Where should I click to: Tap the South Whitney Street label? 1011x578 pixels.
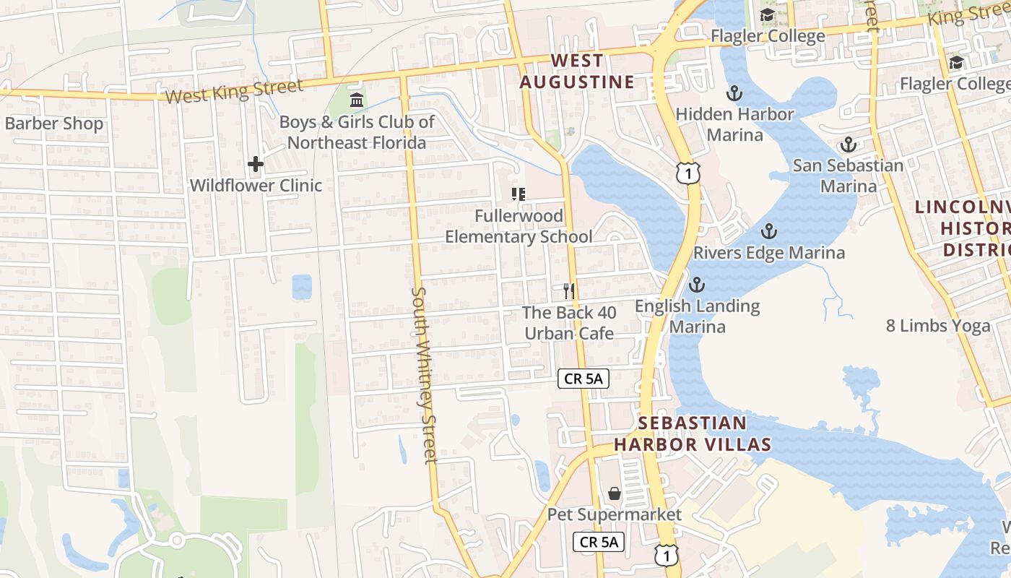pyautogui.click(x=424, y=374)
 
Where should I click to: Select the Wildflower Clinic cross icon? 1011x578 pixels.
pyautogui.click(x=256, y=165)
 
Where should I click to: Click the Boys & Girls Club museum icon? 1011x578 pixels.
pyautogui.click(x=357, y=100)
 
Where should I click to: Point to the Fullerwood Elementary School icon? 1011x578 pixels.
pyautogui.click(x=518, y=194)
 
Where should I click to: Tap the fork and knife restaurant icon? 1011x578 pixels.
pyautogui.click(x=569, y=291)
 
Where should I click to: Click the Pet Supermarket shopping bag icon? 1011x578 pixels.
pyautogui.click(x=614, y=493)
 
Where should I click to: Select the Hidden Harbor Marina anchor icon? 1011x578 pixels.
pyautogui.click(x=734, y=93)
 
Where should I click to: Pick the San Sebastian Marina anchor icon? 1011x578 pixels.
pyautogui.click(x=848, y=144)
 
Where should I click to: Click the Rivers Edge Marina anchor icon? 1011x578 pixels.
pyautogui.click(x=769, y=232)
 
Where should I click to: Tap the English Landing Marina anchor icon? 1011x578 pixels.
pyautogui.click(x=697, y=285)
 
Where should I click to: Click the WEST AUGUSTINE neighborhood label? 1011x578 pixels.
pyautogui.click(x=577, y=72)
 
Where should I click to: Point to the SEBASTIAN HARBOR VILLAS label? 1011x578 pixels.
pyautogui.click(x=693, y=433)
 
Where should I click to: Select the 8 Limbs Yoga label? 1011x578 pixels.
pyautogui.click(x=938, y=326)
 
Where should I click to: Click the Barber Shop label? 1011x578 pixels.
pyautogui.click(x=54, y=124)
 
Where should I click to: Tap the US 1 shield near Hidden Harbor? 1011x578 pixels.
pyautogui.click(x=688, y=173)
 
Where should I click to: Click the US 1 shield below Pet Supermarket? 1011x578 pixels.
pyautogui.click(x=667, y=555)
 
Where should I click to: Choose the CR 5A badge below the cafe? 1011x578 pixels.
pyautogui.click(x=583, y=378)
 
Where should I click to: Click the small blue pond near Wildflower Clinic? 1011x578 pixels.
pyautogui.click(x=302, y=286)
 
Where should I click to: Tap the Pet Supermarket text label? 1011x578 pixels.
pyautogui.click(x=614, y=514)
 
